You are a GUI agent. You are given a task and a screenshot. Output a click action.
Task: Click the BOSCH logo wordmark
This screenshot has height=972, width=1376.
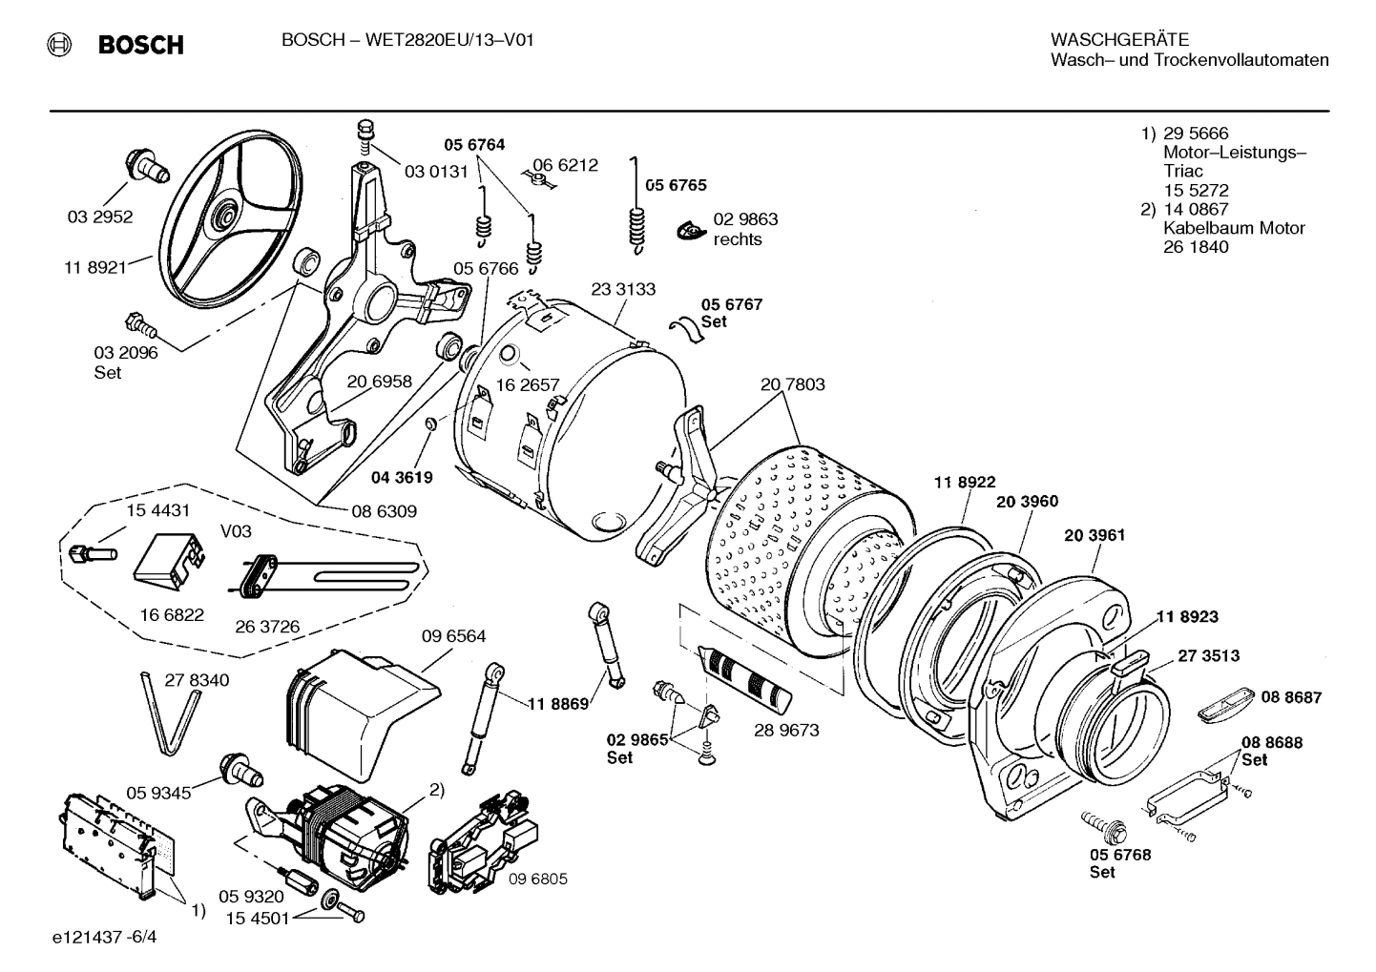coord(140,45)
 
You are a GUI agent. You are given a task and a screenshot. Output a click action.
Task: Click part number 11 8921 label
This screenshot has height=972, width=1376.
coord(95,268)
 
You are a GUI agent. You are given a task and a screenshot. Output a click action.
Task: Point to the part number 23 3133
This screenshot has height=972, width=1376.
coord(623,289)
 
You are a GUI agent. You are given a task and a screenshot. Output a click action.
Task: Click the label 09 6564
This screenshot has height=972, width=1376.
coord(453,636)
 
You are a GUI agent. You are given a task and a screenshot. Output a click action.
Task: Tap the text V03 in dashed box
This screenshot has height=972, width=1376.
coord(236,531)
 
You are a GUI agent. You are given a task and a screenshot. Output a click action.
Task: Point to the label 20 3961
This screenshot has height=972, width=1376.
coord(1095,535)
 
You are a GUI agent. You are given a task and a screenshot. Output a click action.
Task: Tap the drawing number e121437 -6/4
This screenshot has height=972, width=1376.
coord(105,938)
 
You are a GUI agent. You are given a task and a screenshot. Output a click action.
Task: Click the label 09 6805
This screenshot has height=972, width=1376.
coord(537,879)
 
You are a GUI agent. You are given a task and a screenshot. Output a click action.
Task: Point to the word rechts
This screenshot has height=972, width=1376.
coord(738,239)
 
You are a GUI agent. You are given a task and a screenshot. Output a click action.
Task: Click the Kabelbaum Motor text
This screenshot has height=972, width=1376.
coord(1233,228)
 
